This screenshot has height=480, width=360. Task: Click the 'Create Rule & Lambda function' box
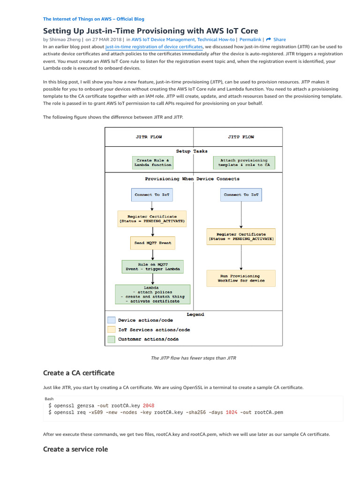[153, 163]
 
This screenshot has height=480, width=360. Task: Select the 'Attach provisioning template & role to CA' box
[244, 163]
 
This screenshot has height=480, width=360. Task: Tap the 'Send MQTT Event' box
[153, 243]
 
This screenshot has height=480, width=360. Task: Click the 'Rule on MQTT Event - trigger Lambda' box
[153, 267]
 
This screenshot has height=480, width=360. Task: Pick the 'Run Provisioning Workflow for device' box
[241, 278]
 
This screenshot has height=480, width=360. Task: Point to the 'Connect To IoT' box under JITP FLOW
[241, 195]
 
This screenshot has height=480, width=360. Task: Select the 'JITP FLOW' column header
[241, 137]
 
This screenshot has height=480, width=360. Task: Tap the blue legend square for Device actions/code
[111, 320]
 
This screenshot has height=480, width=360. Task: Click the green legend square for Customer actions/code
[111, 339]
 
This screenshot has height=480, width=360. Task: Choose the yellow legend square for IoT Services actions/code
[111, 330]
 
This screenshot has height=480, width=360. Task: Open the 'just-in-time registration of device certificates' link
[154, 47]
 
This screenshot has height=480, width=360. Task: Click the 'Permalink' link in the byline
[250, 40]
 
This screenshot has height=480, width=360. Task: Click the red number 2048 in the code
[149, 405]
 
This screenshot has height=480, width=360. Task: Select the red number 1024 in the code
[231, 412]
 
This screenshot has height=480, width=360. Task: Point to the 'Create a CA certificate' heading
[79, 373]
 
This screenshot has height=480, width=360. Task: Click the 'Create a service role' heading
[75, 449]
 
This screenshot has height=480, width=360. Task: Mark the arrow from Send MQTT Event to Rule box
[153, 255]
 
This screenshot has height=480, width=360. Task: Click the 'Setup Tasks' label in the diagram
[192, 151]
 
